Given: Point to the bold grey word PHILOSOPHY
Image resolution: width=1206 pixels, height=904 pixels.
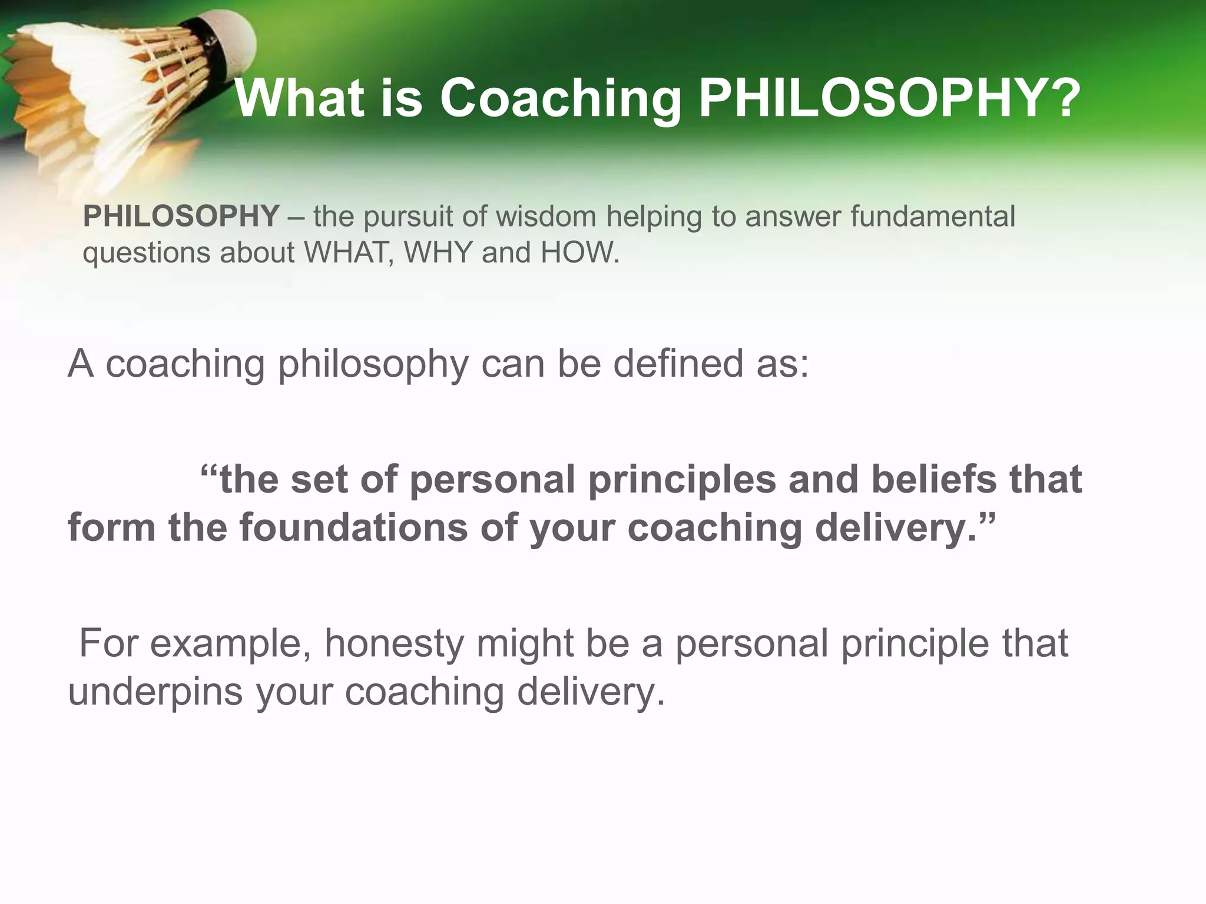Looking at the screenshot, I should [x=181, y=216].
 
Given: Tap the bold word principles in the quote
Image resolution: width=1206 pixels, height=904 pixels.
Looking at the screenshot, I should [x=682, y=479].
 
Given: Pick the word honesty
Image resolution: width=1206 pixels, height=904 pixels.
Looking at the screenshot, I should [x=394, y=643].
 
